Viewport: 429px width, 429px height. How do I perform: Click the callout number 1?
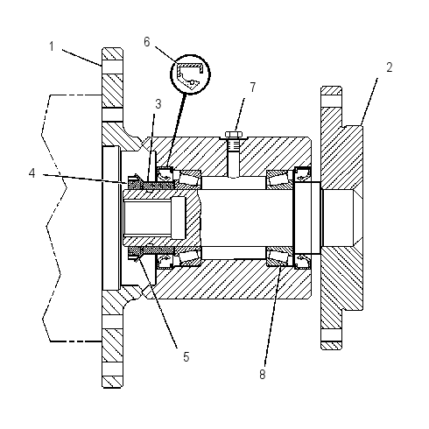click(x=52, y=46)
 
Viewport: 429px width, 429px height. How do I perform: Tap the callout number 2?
click(x=390, y=67)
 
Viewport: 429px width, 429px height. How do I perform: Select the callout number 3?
click(x=158, y=104)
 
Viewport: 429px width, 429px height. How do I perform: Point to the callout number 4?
click(x=32, y=173)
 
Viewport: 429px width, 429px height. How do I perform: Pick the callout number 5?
click(x=186, y=356)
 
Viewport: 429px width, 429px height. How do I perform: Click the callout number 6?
click(x=147, y=42)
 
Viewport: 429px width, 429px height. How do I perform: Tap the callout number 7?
click(x=253, y=88)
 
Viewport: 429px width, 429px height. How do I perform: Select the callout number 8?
click(x=263, y=374)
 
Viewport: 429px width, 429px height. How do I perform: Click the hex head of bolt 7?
click(x=234, y=135)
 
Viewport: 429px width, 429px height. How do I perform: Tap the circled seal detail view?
click(x=190, y=74)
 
